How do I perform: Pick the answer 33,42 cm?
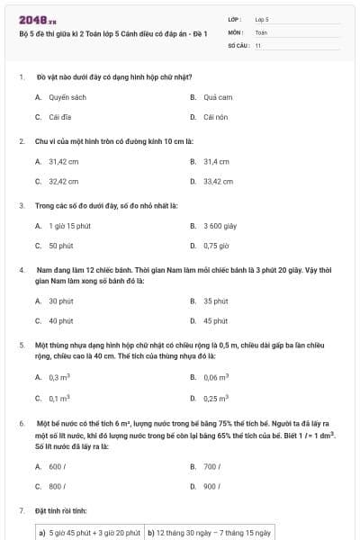pos(218,181)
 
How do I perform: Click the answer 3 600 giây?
pos(220,226)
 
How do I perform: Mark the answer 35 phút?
pos(215,301)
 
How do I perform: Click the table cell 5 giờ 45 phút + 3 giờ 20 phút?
pos(89,532)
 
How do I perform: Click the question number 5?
pos(21,345)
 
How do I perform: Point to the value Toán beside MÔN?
pos(261,31)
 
